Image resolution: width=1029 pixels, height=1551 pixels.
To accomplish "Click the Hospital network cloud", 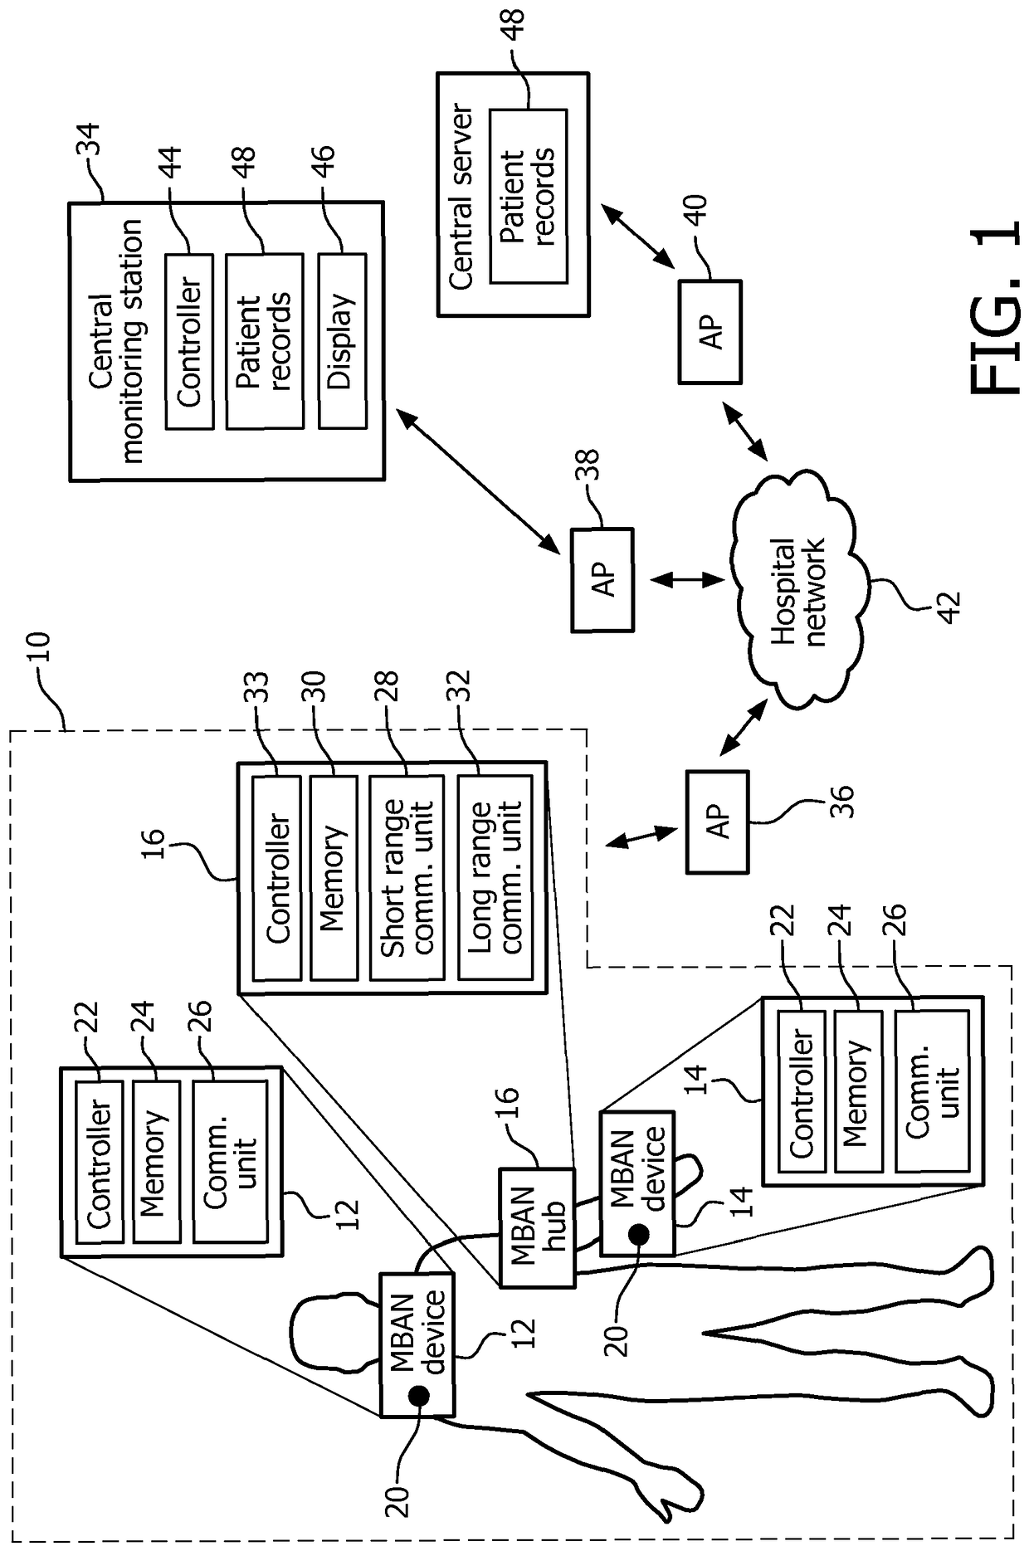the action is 799,590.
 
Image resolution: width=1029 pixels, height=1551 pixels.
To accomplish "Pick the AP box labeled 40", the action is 710,332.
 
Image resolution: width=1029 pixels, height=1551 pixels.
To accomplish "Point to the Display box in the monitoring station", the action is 342,340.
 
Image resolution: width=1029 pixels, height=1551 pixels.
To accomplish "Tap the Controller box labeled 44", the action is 189,340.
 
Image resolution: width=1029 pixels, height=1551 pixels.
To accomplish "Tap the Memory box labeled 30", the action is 333,877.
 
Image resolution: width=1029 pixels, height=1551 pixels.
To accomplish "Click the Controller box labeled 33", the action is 276,877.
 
